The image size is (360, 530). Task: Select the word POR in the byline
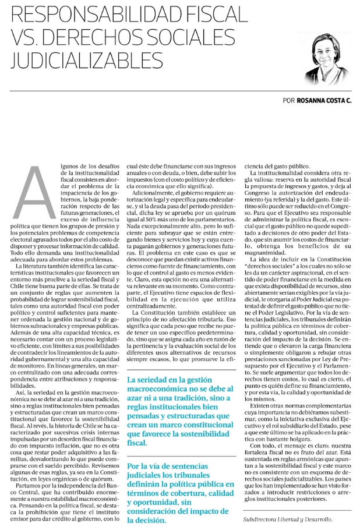click(x=288, y=100)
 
